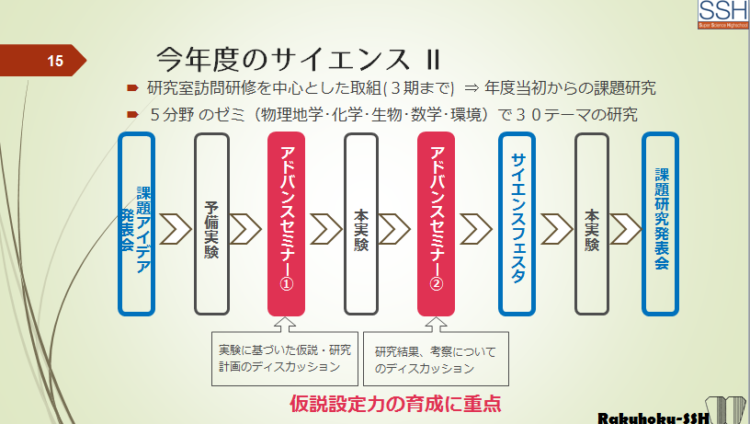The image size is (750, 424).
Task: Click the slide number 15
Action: [x=55, y=61]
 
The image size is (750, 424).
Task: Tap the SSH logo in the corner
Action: [x=723, y=15]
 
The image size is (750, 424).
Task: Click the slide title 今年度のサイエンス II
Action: [x=298, y=60]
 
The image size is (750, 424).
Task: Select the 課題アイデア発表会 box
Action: [x=137, y=224]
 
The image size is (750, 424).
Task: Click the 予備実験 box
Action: [x=212, y=224]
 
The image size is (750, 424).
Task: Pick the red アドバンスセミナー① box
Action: [x=286, y=224]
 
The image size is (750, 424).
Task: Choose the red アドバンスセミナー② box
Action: [x=436, y=224]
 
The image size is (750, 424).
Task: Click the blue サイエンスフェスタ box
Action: [x=517, y=224]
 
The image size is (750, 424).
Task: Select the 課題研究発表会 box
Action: [x=661, y=224]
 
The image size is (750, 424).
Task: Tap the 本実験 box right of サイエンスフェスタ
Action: [x=592, y=224]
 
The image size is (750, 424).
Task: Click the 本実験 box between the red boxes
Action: [x=361, y=224]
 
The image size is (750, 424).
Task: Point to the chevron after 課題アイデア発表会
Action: [x=175, y=229]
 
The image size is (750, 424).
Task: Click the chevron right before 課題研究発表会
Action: [x=626, y=229]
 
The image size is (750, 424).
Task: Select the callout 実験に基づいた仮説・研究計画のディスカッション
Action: [x=285, y=359]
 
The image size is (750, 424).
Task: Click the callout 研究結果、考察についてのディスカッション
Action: [x=436, y=360]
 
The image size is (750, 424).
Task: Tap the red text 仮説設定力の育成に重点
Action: [x=395, y=404]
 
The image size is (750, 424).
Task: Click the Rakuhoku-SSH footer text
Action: [x=653, y=418]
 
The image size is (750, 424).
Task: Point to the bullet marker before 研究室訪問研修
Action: [x=132, y=88]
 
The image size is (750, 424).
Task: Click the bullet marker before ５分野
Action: [x=132, y=114]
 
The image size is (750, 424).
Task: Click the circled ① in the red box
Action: [x=286, y=283]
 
